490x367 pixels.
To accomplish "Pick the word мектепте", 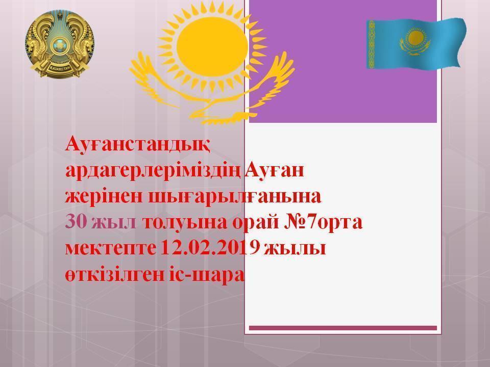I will click(110, 250).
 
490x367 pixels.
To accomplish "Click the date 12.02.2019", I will click(210, 250).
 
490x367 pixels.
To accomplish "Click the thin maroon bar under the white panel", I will click(342, 328).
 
